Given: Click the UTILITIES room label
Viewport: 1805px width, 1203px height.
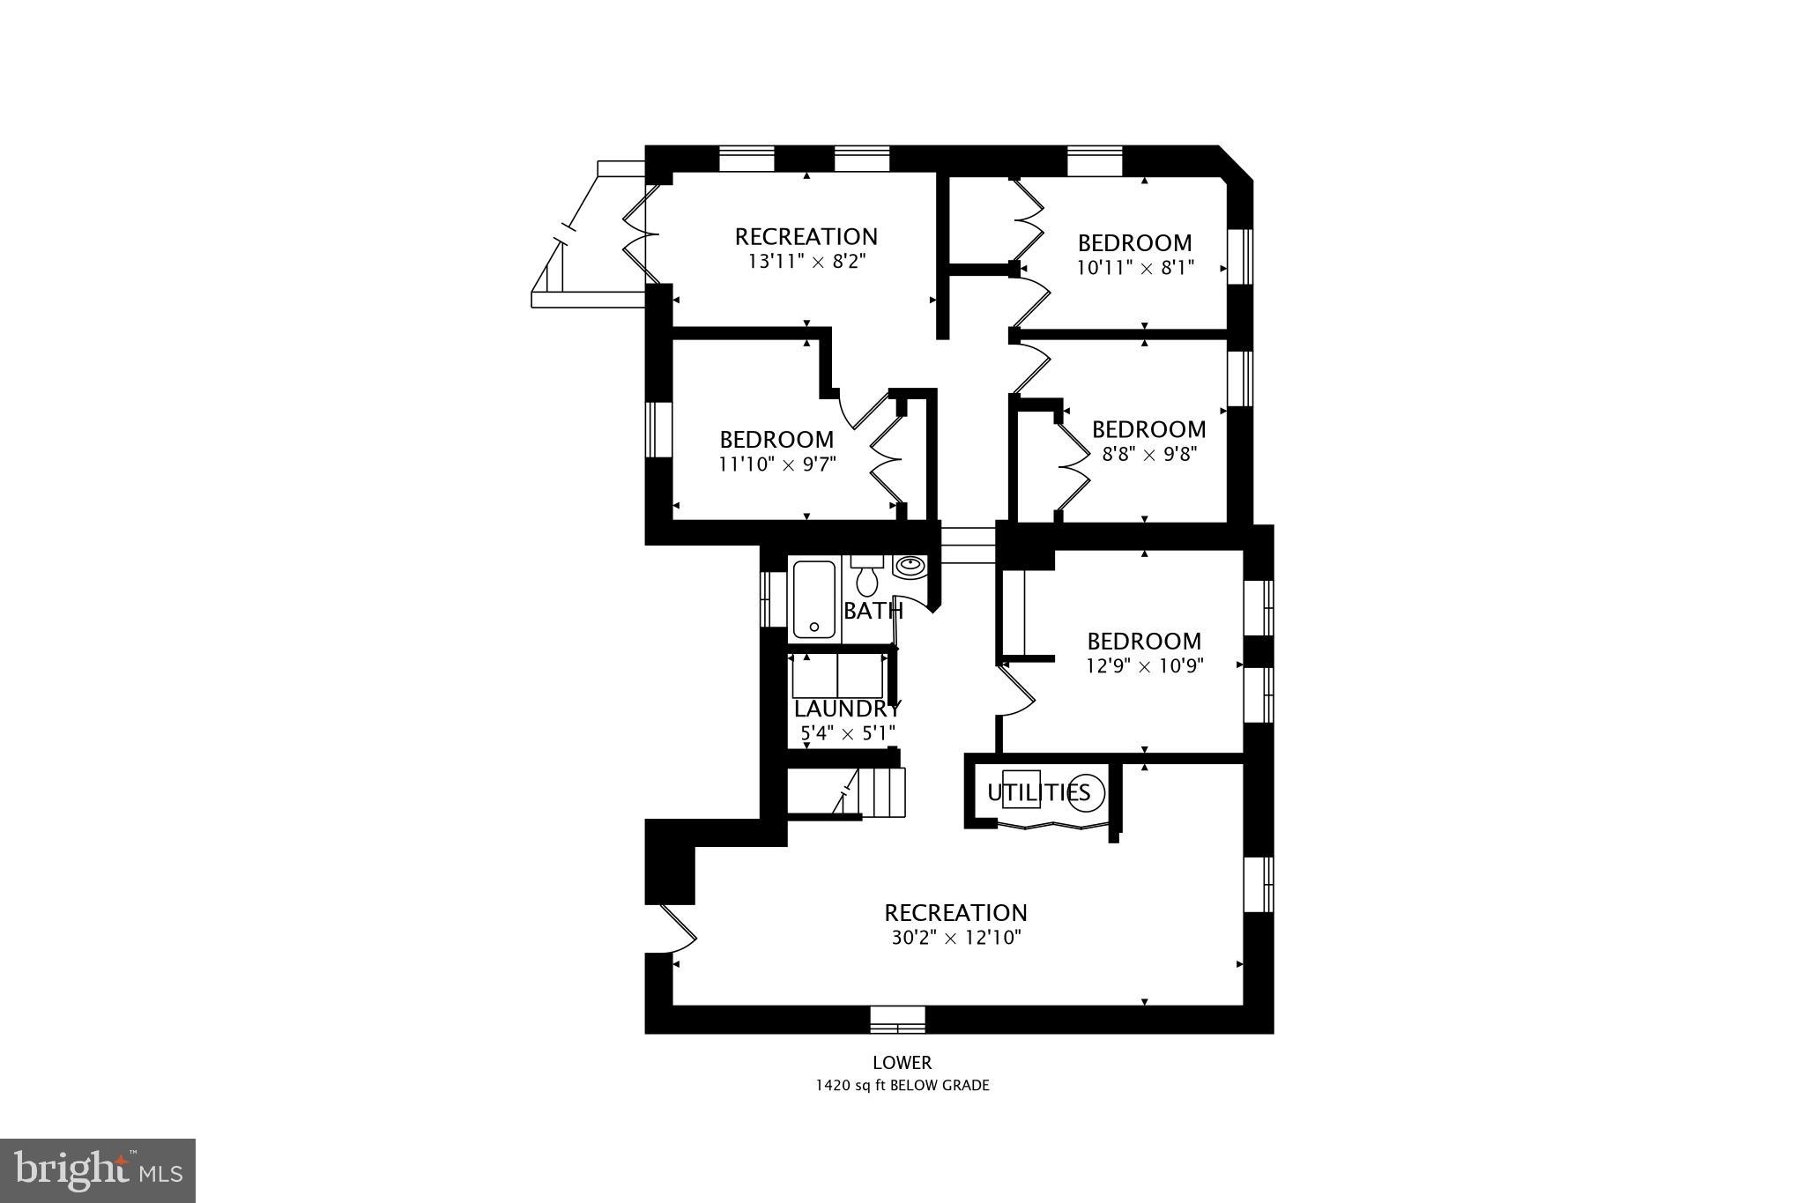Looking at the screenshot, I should (1038, 792).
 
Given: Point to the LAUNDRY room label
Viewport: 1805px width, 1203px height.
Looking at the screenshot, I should (847, 709).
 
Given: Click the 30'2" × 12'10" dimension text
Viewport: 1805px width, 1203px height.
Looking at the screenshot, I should (955, 938).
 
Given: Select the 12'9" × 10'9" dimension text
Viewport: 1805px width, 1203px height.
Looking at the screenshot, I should (1144, 666).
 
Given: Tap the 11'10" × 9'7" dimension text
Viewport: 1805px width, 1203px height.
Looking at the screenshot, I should (776, 464).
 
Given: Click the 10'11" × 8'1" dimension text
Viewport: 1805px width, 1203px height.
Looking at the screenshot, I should (1135, 268).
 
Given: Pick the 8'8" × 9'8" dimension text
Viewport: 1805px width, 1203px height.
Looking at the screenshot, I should (1148, 455).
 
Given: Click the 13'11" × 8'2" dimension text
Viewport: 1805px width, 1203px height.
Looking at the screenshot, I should (806, 262).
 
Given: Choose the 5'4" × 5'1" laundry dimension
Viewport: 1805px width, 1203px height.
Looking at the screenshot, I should (847, 732).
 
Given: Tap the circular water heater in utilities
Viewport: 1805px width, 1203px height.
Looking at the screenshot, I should (1086, 792).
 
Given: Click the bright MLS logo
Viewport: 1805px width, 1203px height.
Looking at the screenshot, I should (98, 1170).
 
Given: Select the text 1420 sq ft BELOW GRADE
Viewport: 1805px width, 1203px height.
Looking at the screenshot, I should (902, 1086).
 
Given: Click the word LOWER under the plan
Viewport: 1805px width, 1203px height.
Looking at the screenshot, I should (902, 1064).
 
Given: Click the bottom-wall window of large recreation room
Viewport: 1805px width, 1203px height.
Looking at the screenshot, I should (897, 1020).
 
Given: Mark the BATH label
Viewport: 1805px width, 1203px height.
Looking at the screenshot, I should (873, 611).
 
